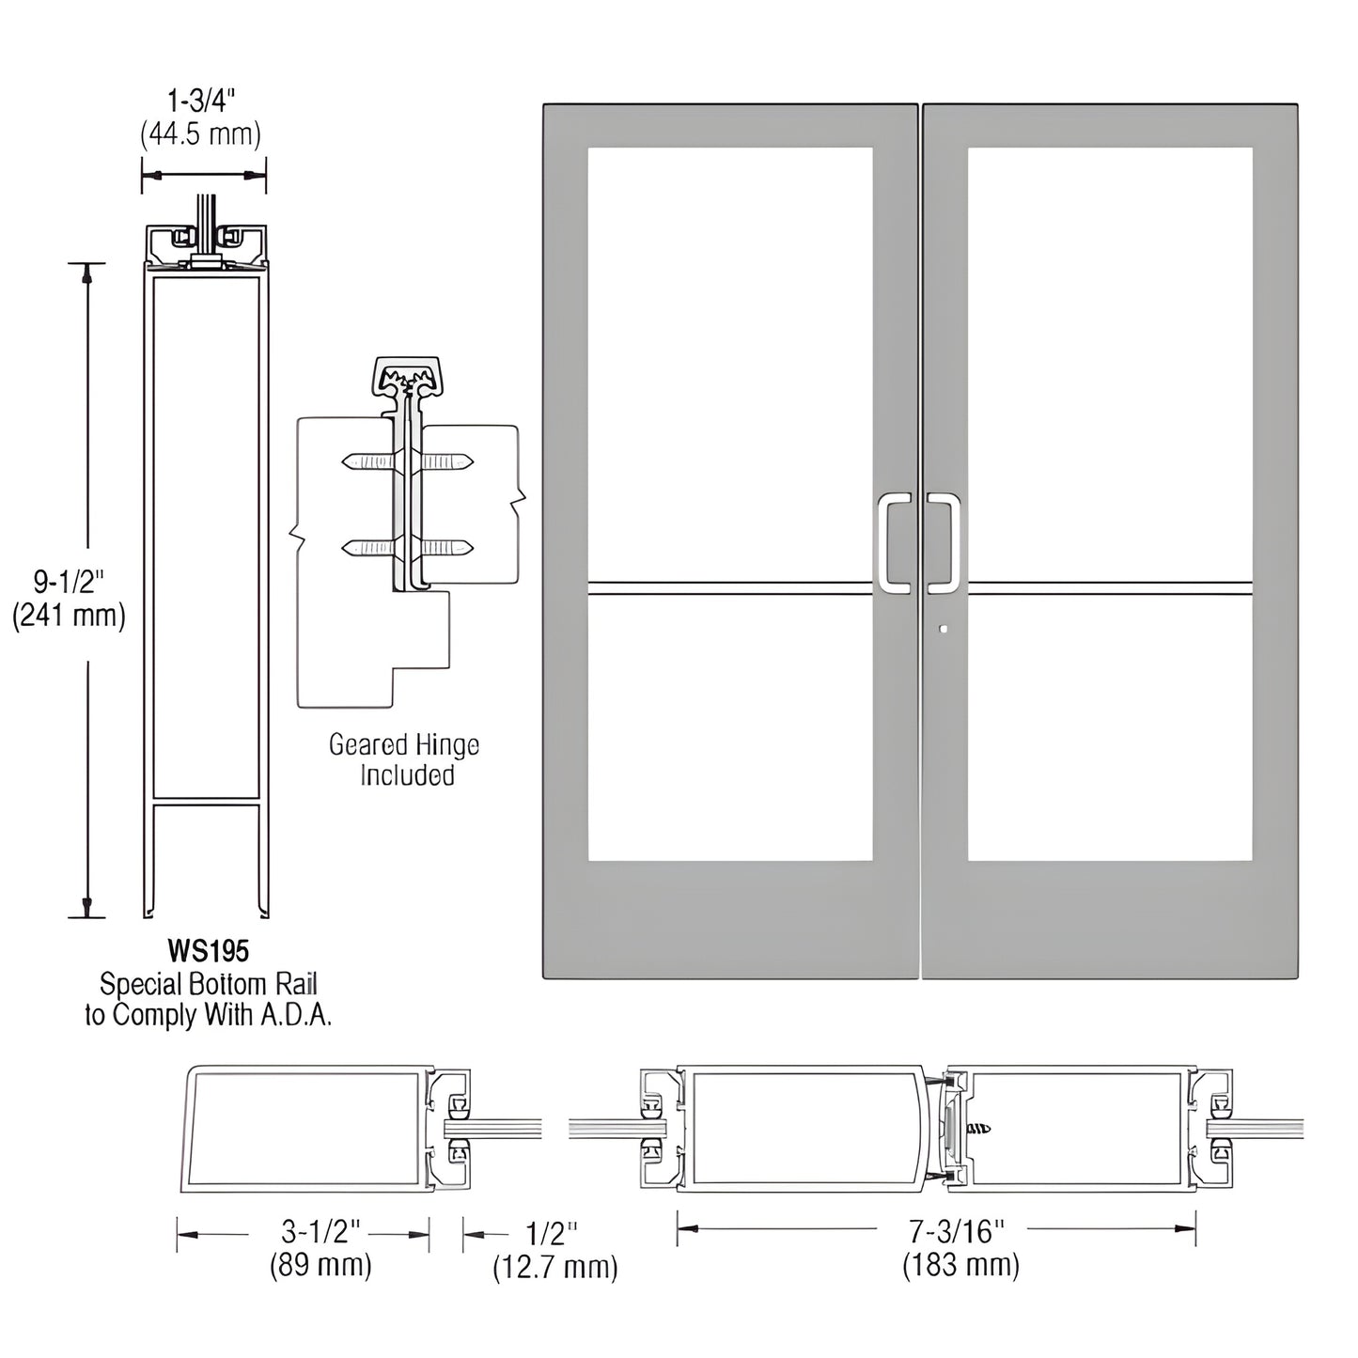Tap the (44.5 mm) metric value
[x=201, y=134]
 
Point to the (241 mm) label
[x=69, y=617]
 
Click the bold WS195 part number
[x=208, y=951]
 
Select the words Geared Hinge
[x=404, y=745]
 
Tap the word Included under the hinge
[x=407, y=775]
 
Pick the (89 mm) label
[x=320, y=1265]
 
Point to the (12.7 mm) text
[x=554, y=1268]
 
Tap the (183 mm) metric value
[x=960, y=1265]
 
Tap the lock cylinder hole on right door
[x=944, y=630]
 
